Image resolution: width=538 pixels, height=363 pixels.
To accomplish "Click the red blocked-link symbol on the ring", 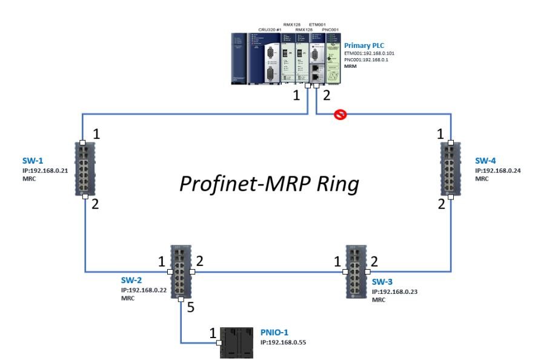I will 341,115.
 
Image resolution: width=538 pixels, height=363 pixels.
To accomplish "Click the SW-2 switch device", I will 181,271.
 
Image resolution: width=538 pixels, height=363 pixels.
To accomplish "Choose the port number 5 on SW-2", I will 190,308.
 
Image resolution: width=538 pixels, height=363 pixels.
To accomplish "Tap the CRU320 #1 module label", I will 271,29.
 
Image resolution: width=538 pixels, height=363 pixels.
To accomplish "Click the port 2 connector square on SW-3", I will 368,272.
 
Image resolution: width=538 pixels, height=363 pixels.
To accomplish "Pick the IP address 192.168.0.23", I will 394,291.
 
